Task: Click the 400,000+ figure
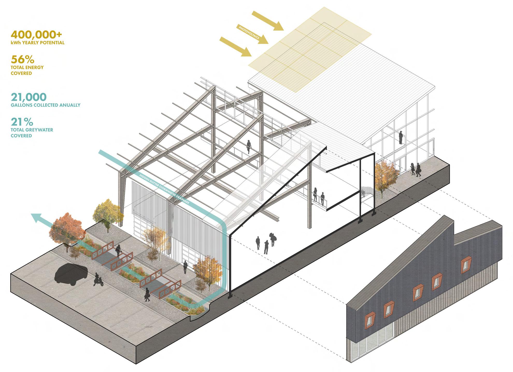click(x=37, y=35)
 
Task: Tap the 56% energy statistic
click(x=23, y=60)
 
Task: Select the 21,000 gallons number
click(x=29, y=97)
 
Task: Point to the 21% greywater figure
click(x=22, y=121)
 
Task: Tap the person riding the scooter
click(x=98, y=279)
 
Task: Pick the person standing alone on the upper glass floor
click(x=401, y=137)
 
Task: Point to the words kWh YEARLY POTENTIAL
click(x=38, y=43)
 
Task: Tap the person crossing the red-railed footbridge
click(x=118, y=251)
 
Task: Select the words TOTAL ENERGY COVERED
click(x=27, y=70)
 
